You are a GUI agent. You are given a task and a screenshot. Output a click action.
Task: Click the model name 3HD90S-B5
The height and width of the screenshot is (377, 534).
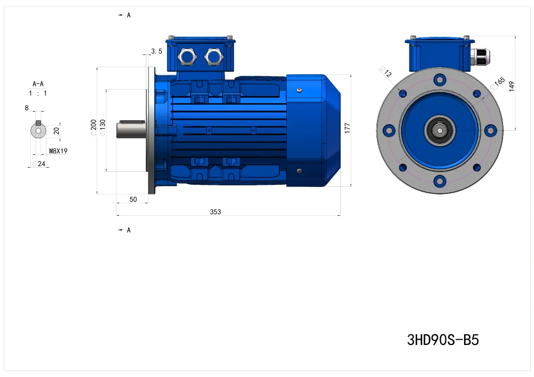click(x=443, y=340)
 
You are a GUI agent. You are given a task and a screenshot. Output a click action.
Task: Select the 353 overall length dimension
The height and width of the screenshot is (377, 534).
click(x=215, y=212)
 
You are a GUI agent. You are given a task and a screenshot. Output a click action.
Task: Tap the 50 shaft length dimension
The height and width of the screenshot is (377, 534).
click(x=133, y=200)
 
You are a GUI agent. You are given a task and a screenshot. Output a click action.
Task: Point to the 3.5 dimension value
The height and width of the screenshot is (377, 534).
click(x=156, y=51)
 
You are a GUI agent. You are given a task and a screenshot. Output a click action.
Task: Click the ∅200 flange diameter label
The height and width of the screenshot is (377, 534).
click(x=93, y=128)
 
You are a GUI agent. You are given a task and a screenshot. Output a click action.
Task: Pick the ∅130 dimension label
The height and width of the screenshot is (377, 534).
click(x=103, y=128)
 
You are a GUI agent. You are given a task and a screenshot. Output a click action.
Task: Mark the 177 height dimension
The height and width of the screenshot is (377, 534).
click(x=347, y=128)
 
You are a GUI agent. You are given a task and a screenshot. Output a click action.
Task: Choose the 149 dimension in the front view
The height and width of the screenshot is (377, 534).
click(x=511, y=86)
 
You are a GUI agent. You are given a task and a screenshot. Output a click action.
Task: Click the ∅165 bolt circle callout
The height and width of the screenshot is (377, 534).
click(x=498, y=83)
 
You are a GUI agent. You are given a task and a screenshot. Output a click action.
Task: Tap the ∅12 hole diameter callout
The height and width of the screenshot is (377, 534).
click(x=386, y=72)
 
